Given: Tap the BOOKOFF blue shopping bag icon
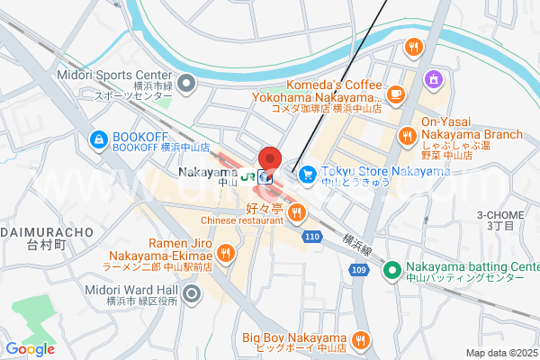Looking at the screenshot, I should point(98,139).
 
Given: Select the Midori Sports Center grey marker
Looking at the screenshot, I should point(186,85).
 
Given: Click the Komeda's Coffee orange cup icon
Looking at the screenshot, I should point(396,93).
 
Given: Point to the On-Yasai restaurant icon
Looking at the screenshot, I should point(408,136).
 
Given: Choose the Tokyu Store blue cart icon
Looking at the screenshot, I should point(307,173).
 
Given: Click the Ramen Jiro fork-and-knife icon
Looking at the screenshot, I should point(225,254).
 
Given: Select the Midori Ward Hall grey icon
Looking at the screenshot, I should point(191,293).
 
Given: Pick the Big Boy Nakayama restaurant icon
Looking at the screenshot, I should point(360,339).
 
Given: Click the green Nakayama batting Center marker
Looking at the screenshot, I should point(391,269).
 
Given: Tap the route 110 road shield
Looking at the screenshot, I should point(311,236).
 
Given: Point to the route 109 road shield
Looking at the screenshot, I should point(358,269).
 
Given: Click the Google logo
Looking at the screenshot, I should point(30,349).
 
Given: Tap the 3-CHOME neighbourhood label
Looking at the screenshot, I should point(500,215).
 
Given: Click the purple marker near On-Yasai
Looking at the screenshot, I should point(433,79).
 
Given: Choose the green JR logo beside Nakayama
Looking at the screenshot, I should point(246,175).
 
